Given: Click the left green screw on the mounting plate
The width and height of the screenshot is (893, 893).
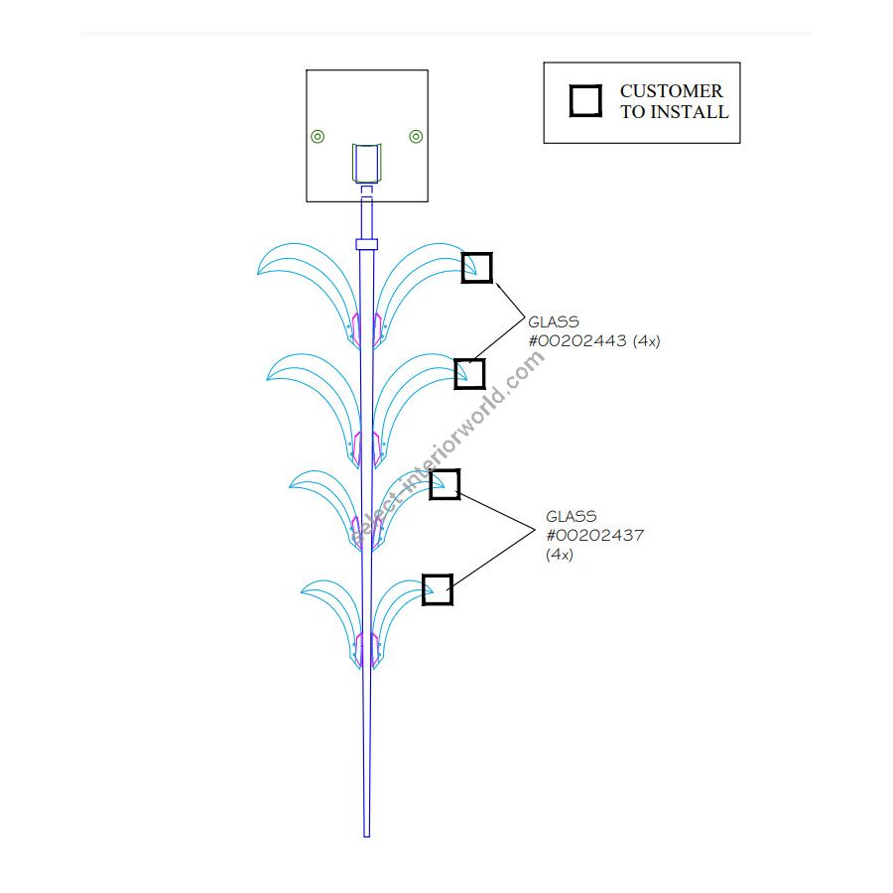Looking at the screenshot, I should (x=318, y=137).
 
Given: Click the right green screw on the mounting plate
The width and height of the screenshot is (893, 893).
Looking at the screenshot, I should (x=416, y=137).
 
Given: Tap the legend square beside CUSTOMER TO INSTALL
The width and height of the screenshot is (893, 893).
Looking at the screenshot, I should (x=585, y=101).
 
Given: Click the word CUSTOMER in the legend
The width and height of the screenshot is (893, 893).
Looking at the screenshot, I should (x=672, y=91).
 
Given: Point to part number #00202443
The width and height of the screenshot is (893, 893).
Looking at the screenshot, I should (x=577, y=340).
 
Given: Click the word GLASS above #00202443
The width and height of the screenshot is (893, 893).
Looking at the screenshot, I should (x=554, y=321).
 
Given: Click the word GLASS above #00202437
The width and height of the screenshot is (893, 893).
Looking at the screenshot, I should (x=572, y=516).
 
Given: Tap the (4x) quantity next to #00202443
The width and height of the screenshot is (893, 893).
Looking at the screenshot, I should (x=646, y=340).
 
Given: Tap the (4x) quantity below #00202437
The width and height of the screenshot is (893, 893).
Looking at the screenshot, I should (x=560, y=555).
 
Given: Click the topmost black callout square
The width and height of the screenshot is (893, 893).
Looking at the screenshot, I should (x=477, y=268).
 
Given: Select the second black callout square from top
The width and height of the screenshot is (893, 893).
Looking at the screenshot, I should (x=469, y=374).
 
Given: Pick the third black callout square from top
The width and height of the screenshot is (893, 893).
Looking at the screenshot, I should (x=445, y=484).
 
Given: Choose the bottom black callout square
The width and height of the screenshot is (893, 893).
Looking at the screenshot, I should (x=438, y=589).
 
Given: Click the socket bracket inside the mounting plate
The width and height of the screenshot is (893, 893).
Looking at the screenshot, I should (x=367, y=163).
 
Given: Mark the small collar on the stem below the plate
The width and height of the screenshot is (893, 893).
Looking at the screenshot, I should (x=366, y=244).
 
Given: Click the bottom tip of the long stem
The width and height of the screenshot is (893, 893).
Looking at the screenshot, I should (x=366, y=834).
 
